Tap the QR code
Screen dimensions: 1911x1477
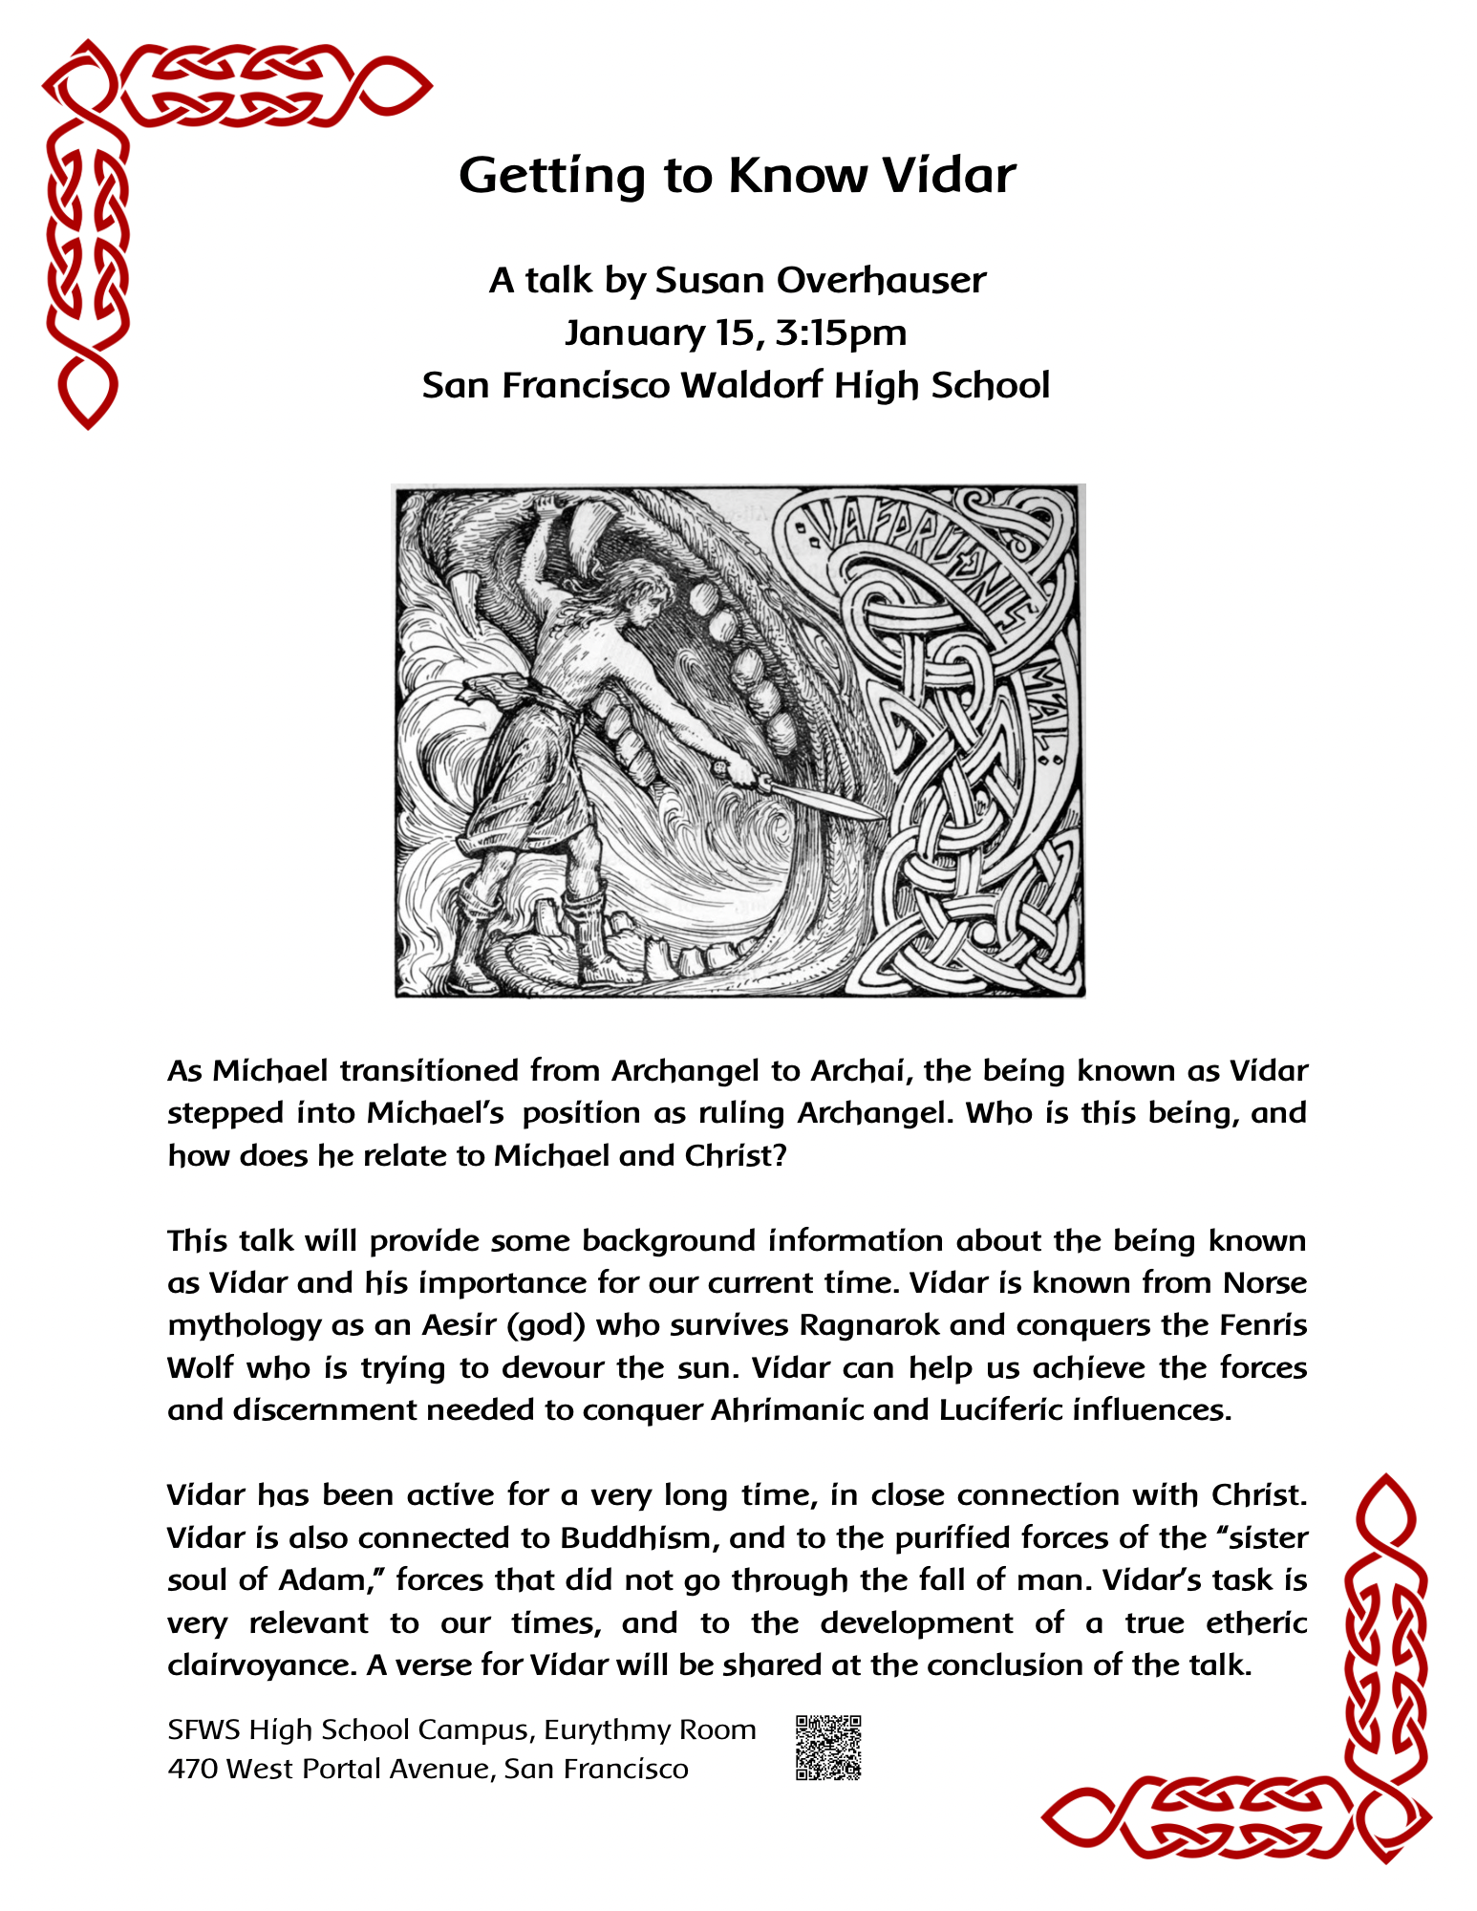pyautogui.click(x=828, y=1748)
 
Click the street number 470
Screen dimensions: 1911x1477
pyautogui.click(x=192, y=1770)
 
